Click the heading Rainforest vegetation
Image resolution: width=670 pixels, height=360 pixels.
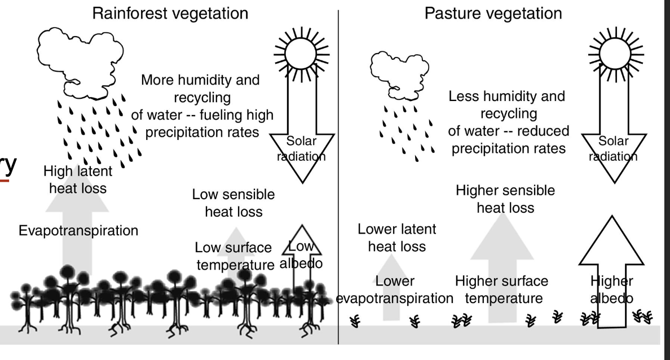point(165,12)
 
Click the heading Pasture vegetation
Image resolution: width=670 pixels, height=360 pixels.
point(493,12)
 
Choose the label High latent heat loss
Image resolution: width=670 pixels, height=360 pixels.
point(77,178)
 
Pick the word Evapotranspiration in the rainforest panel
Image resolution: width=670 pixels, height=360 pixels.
point(78,230)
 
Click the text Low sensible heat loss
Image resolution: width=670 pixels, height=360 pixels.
point(233,203)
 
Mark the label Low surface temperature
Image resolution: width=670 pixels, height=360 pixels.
point(234,256)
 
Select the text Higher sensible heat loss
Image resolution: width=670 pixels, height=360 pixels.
point(505,199)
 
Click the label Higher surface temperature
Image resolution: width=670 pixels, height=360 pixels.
point(501,289)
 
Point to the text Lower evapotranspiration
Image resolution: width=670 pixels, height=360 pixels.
point(394,289)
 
